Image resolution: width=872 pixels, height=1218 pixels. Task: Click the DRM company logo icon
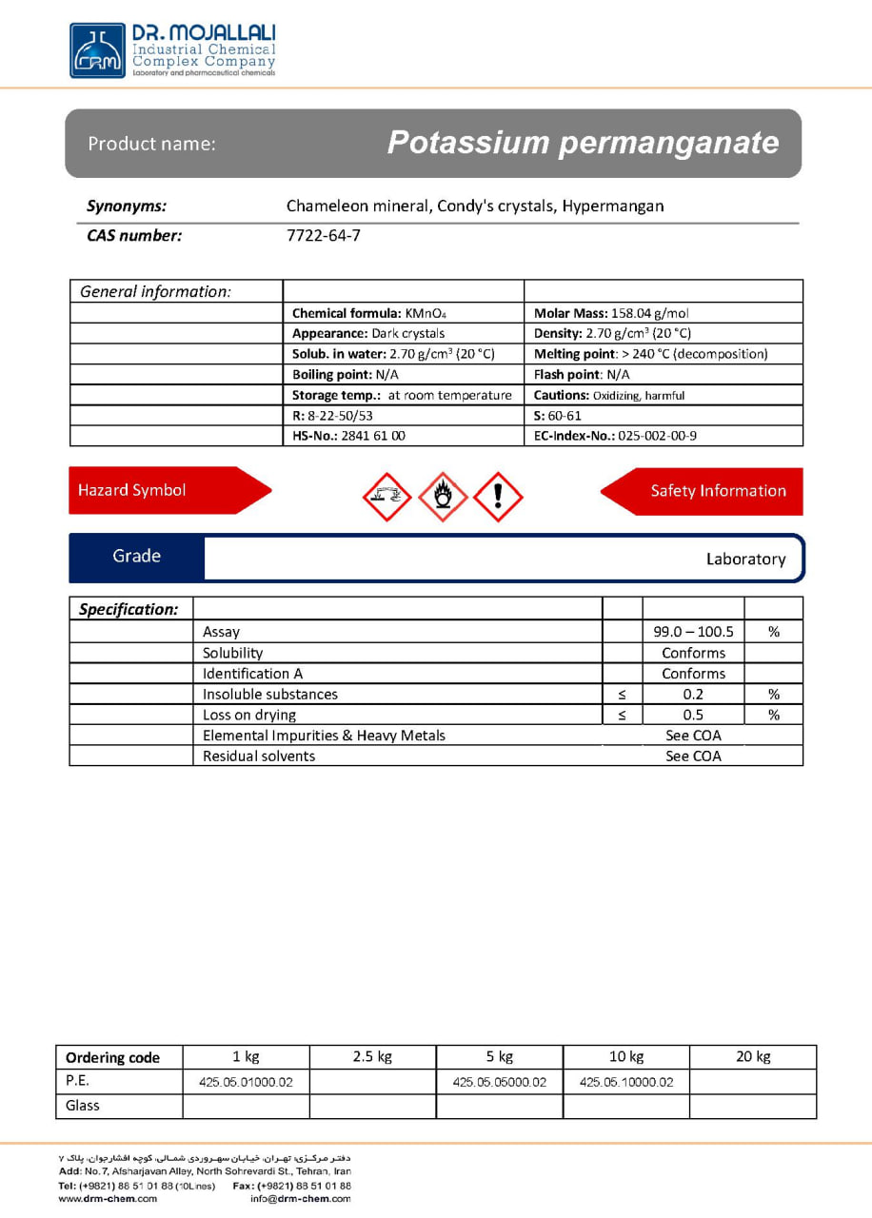pos(97,50)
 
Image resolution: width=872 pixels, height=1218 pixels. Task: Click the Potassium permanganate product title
pos(583,143)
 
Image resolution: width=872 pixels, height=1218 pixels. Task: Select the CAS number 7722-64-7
pos(324,236)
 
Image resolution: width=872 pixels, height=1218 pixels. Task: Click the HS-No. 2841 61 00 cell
pos(348,436)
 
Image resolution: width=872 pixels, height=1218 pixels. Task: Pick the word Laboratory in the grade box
pos(745,560)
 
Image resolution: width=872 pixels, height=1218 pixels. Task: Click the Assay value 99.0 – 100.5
pos(693,632)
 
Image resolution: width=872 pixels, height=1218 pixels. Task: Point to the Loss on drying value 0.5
pos(693,715)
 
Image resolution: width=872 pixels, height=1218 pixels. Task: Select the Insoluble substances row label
pos(270,695)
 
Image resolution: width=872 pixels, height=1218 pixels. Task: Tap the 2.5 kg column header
pos(372,1056)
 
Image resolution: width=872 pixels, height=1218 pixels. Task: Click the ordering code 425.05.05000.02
pos(500,1082)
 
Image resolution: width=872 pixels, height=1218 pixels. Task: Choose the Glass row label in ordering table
pos(83,1106)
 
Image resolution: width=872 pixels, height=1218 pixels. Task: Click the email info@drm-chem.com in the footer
pos(300,1199)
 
